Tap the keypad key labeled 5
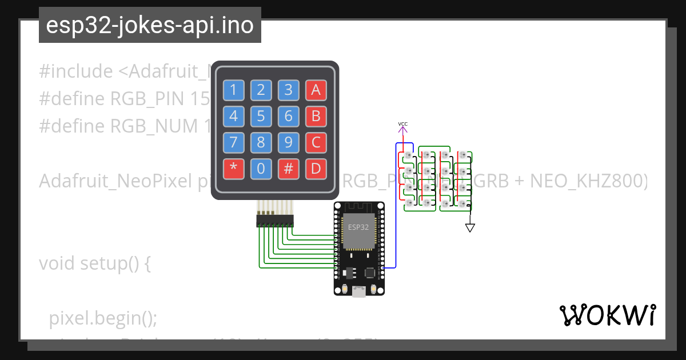[x=261, y=117]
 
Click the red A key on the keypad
[x=316, y=90]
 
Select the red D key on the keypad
[x=316, y=169]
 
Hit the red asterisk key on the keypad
[x=233, y=169]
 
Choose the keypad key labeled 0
[x=261, y=169]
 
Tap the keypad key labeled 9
[x=288, y=142]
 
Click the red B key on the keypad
[x=316, y=117]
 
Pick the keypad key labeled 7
[x=233, y=142]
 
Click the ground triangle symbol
[x=470, y=227]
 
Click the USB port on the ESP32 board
[x=359, y=291]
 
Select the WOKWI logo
[x=607, y=315]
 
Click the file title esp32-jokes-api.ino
[x=150, y=26]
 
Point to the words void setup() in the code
[x=94, y=263]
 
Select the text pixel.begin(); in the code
[x=103, y=318]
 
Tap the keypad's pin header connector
[x=275, y=220]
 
